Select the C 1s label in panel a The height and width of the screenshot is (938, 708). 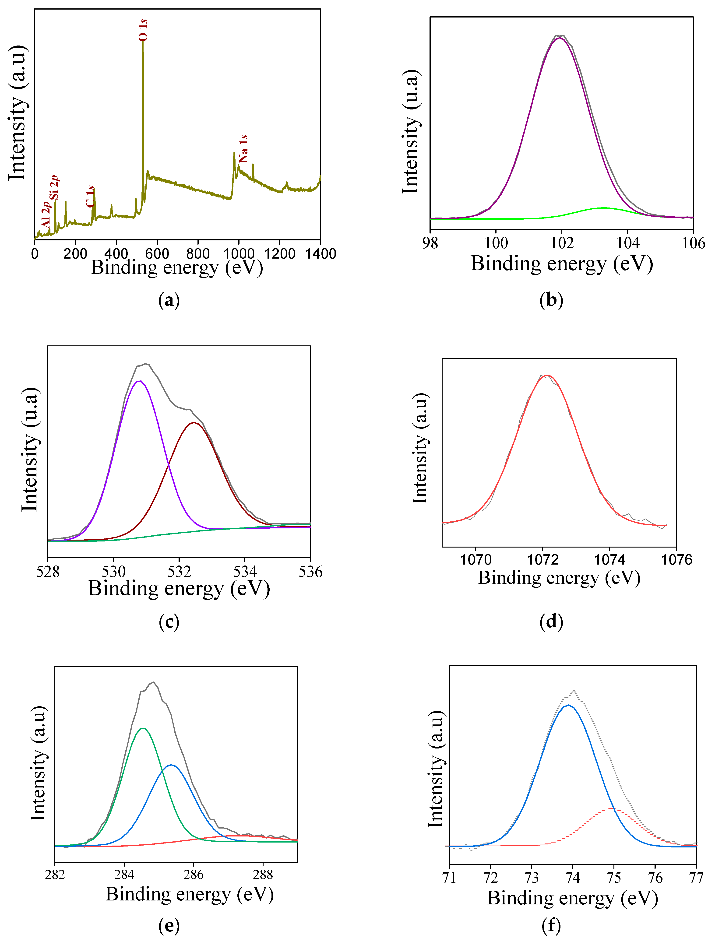click(x=90, y=196)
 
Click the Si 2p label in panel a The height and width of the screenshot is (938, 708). click(x=54, y=187)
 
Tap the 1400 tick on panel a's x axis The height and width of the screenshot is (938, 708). click(x=320, y=254)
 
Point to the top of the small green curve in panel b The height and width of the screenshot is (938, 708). click(x=603, y=208)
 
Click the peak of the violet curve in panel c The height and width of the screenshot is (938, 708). click(x=139, y=381)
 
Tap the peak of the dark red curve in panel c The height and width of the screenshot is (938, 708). click(x=194, y=422)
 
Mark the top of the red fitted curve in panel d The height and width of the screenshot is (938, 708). click(x=547, y=376)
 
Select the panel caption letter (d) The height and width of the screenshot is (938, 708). click(x=551, y=622)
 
